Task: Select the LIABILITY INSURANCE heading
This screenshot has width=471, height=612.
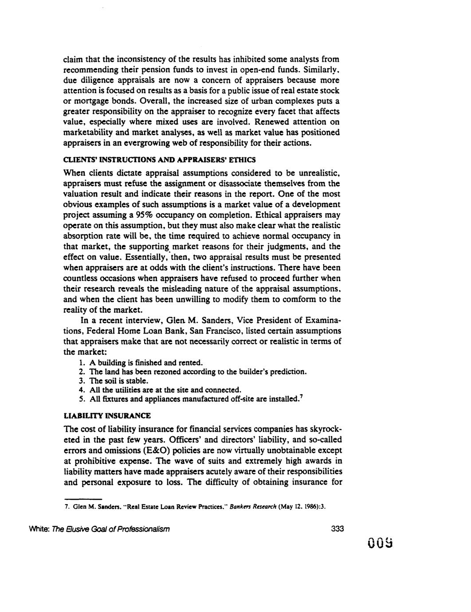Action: coord(107,416)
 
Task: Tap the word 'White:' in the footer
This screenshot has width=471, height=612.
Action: coord(75,529)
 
